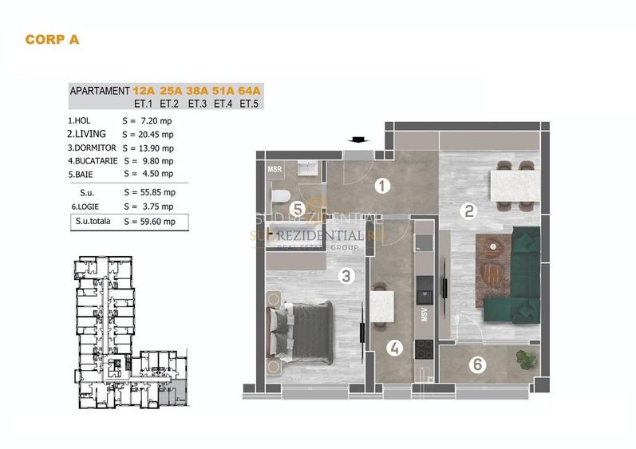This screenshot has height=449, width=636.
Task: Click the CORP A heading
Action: [x=53, y=38]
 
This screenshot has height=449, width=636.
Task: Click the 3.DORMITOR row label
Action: [x=93, y=148]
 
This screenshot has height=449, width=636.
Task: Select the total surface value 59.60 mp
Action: [x=149, y=222]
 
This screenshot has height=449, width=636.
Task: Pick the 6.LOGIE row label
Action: [x=86, y=206]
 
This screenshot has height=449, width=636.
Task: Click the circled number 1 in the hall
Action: [x=382, y=187]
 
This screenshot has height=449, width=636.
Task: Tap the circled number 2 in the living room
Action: [x=470, y=211]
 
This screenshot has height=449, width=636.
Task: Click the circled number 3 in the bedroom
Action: [x=346, y=277]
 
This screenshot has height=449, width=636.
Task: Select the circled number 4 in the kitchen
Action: [x=394, y=348]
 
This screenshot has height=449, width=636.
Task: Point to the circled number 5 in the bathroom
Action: [x=296, y=210]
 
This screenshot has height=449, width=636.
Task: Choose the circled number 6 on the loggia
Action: [x=477, y=365]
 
